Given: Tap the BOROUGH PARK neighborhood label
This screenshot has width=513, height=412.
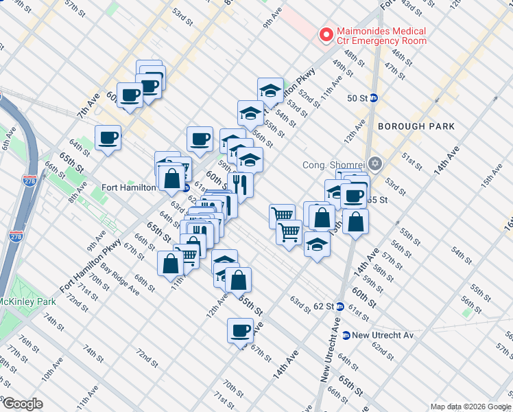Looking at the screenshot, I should [x=416, y=126].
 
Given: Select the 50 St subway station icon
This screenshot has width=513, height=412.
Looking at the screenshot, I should [x=374, y=98].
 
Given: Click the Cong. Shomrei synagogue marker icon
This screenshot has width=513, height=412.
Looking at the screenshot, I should [x=374, y=164].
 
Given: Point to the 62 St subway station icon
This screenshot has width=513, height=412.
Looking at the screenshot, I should [x=339, y=306].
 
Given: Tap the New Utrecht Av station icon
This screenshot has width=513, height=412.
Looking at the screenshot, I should [x=346, y=335].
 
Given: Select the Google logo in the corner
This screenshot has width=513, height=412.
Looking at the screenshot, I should [x=22, y=404].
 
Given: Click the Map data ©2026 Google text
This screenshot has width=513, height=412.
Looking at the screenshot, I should [x=470, y=407].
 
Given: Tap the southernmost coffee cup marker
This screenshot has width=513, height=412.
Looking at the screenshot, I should [x=241, y=330].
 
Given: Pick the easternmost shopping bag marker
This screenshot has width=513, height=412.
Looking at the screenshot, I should [x=356, y=222].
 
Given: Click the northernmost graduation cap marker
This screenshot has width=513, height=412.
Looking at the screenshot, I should [x=270, y=90].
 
